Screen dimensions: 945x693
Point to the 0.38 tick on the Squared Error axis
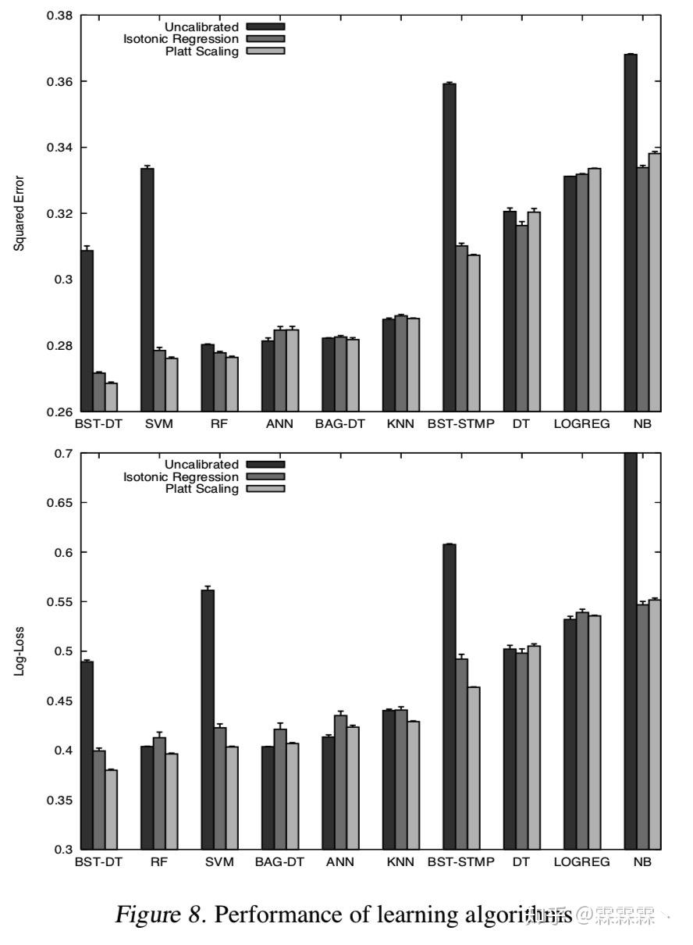click(59, 16)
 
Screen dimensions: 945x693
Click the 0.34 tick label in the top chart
click(59, 148)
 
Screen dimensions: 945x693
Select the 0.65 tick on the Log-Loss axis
click(59, 503)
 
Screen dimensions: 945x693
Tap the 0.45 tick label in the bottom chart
click(59, 701)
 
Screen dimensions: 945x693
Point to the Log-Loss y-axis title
click(20, 651)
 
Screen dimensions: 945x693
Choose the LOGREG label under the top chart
click(581, 425)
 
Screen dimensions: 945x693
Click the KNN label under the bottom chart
click(400, 862)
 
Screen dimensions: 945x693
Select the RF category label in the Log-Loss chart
click(158, 862)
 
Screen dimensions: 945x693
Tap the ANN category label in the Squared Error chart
click(279, 425)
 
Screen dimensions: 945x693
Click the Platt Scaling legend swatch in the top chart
click(265, 52)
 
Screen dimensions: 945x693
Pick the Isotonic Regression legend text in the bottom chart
click(181, 476)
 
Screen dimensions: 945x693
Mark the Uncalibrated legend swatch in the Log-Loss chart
click(265, 465)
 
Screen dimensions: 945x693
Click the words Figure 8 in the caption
click(159, 915)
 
